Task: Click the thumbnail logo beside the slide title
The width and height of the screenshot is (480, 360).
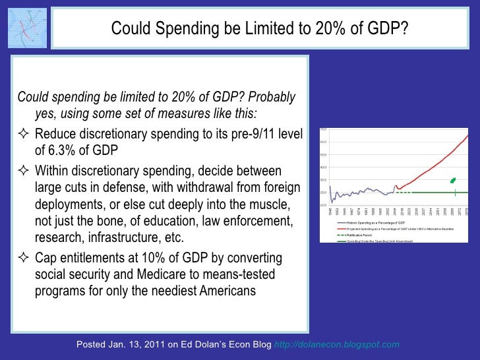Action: (26, 28)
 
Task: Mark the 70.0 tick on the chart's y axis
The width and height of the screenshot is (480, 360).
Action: (324, 129)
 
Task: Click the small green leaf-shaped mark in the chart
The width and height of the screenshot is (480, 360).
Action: (452, 180)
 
